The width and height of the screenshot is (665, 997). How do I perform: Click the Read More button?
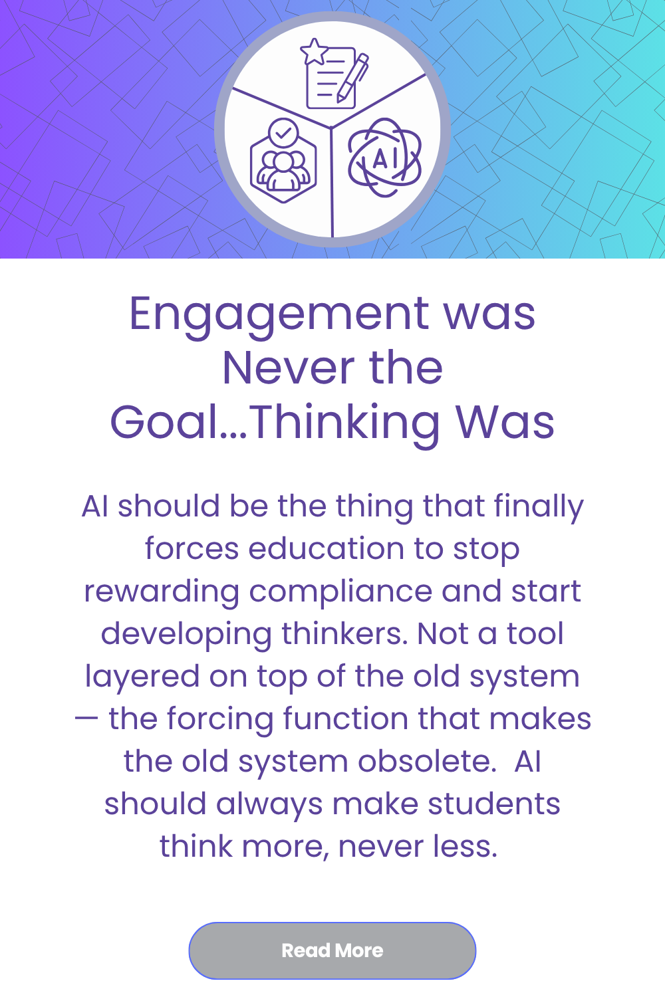[x=332, y=950]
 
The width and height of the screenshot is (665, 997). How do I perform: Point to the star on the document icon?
[x=313, y=52]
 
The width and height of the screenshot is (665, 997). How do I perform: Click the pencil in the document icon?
[x=353, y=78]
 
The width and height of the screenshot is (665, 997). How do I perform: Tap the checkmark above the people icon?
[x=284, y=132]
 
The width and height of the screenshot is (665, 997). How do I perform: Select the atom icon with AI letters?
[x=385, y=158]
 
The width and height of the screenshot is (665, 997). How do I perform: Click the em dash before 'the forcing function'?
[x=87, y=719]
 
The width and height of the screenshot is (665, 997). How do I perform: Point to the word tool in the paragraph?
[x=535, y=634]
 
